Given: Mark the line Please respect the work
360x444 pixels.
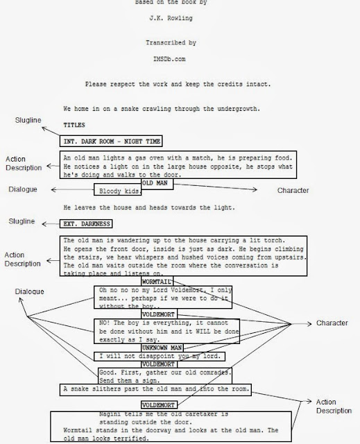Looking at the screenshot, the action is click(x=179, y=85).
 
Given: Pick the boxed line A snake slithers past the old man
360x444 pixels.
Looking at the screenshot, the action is click(x=155, y=388).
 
